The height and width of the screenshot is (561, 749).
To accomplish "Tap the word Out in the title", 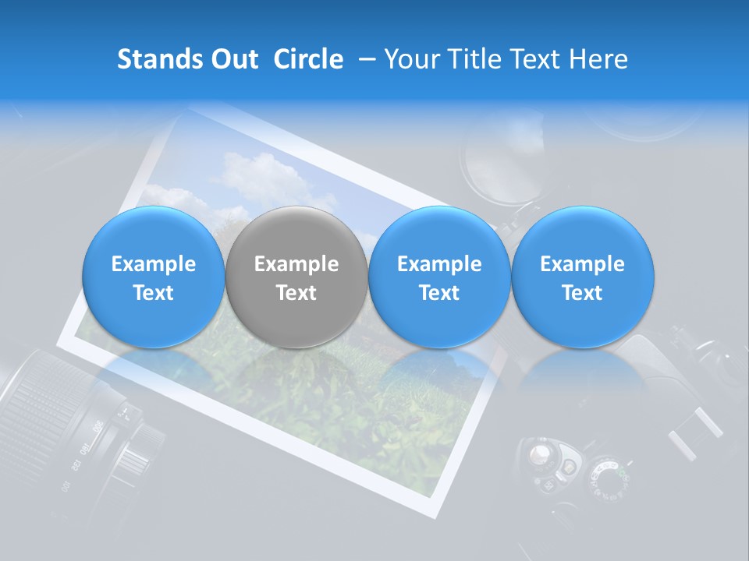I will click(x=233, y=59).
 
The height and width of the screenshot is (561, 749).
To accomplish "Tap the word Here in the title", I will click(x=598, y=59).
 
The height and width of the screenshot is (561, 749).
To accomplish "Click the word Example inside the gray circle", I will click(x=296, y=264).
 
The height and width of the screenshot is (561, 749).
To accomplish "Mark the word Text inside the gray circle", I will click(x=296, y=293).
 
